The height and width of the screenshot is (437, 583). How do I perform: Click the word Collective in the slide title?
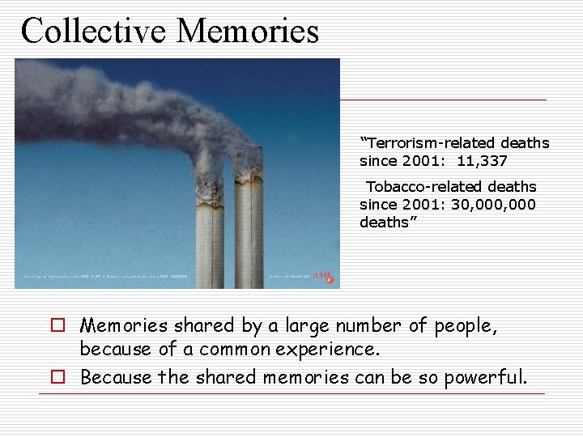[93, 30]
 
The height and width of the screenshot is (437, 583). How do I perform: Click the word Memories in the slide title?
[248, 30]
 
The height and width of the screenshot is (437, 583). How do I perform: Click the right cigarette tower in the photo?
[249, 235]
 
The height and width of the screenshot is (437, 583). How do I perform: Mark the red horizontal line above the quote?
[443, 100]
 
